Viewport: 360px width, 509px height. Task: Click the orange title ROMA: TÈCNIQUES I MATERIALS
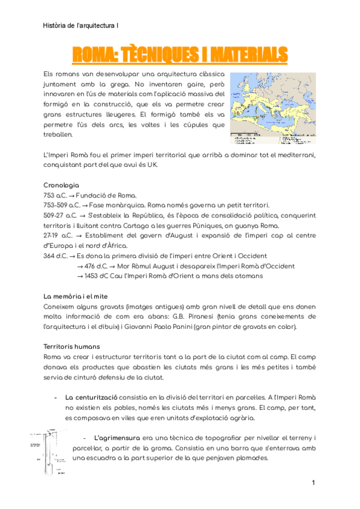180,55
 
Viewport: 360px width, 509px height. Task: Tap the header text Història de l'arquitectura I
81,25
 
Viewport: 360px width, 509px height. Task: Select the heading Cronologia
62,185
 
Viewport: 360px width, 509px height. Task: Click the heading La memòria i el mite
76,297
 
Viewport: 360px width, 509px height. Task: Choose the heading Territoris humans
72,347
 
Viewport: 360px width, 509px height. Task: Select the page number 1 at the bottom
313,483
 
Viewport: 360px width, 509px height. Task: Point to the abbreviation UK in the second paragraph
193,164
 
